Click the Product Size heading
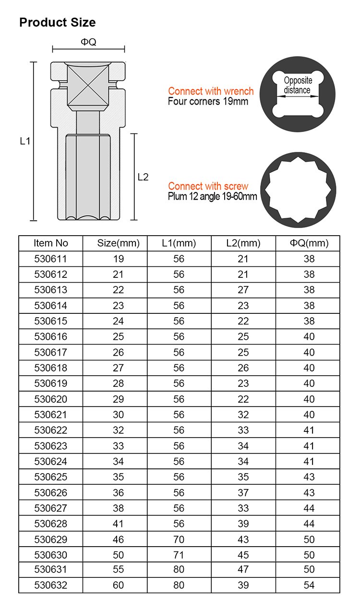click(57, 23)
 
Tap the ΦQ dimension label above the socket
click(88, 42)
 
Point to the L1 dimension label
click(25, 141)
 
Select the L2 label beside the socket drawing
click(143, 177)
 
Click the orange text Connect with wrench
click(211, 91)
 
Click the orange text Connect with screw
click(208, 186)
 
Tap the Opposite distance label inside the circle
click(298, 85)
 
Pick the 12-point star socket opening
click(298, 190)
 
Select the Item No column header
click(51, 243)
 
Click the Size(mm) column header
click(118, 243)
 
